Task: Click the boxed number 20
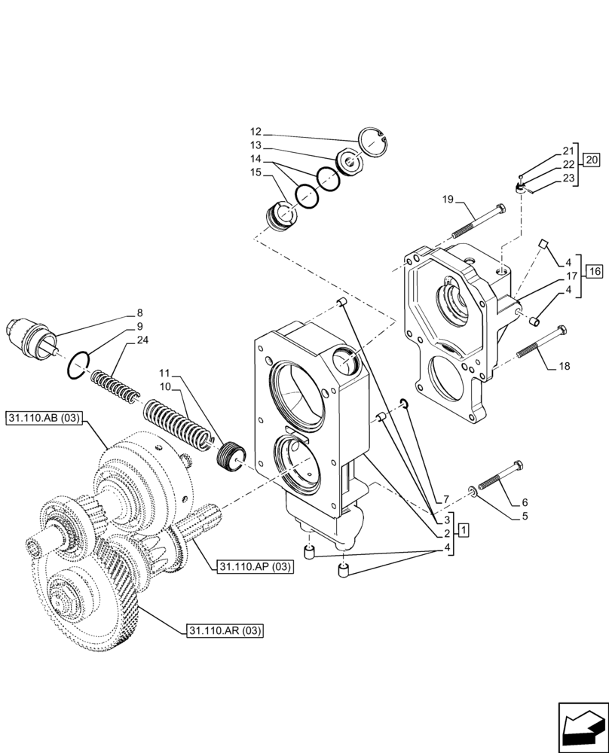pyautogui.click(x=592, y=160)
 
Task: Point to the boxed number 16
pyautogui.click(x=593, y=271)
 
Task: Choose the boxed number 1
pyautogui.click(x=464, y=530)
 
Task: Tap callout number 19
pyautogui.click(x=447, y=200)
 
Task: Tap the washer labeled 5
pyautogui.click(x=473, y=491)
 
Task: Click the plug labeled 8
pyautogui.click(x=32, y=337)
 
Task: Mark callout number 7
pyautogui.click(x=445, y=499)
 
